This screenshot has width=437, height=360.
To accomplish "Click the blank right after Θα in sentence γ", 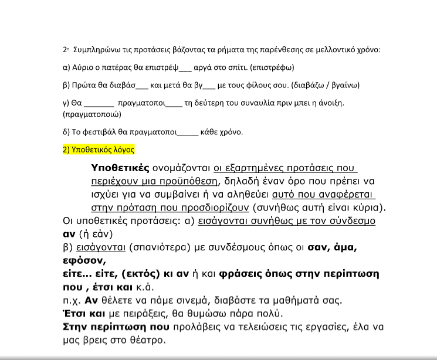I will [90, 104].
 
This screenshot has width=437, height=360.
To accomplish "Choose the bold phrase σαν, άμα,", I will [333, 247].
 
